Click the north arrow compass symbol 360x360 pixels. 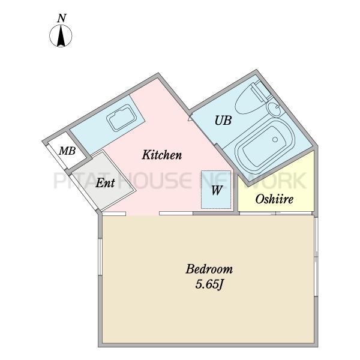pyautogui.click(x=61, y=36)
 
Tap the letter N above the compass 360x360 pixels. pyautogui.click(x=62, y=19)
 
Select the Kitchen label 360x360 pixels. pyautogui.click(x=162, y=155)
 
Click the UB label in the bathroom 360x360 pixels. pyautogui.click(x=223, y=121)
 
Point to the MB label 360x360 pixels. pyautogui.click(x=67, y=151)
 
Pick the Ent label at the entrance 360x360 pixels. pyautogui.click(x=105, y=183)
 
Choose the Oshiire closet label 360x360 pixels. pyautogui.click(x=274, y=199)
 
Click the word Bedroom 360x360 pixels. pyautogui.click(x=209, y=269)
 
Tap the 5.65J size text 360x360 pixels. pyautogui.click(x=209, y=285)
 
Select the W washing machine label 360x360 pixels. pyautogui.click(x=217, y=190)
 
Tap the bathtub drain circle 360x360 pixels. pyautogui.click(x=275, y=139)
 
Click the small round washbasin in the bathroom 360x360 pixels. pyautogui.click(x=274, y=109)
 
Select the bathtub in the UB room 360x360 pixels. pyautogui.click(x=265, y=146)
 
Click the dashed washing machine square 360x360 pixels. pyautogui.click(x=216, y=190)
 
